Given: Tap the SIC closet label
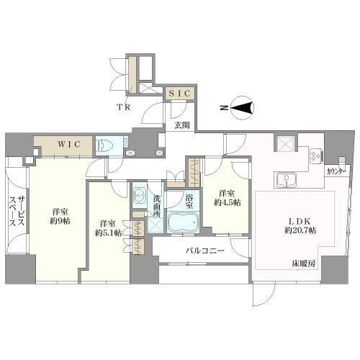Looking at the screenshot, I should click(179, 93).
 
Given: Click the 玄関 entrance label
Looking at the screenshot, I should click(180, 125).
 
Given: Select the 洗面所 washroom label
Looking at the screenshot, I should click(158, 204).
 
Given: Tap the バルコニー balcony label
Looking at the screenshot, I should click(204, 251).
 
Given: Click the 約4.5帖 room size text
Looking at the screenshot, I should click(227, 202).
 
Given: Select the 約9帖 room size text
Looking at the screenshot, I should click(60, 221).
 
